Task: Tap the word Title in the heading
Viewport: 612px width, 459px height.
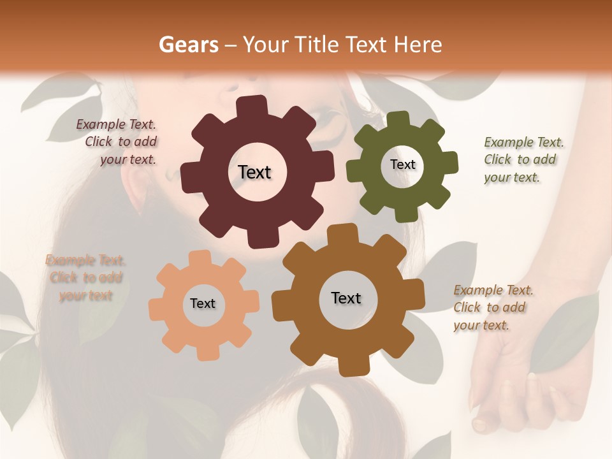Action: [x=316, y=45]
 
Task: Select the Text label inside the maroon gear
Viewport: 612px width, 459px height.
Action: [x=254, y=172]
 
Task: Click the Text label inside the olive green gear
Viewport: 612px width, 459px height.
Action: [x=402, y=164]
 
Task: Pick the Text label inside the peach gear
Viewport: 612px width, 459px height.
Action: [x=203, y=303]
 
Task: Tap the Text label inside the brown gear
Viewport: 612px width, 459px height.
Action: [x=346, y=298]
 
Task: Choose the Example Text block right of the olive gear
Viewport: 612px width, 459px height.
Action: [x=523, y=159]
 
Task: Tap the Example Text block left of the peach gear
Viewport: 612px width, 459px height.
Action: [x=85, y=278]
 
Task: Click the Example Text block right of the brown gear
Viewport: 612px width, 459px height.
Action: [x=492, y=307]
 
